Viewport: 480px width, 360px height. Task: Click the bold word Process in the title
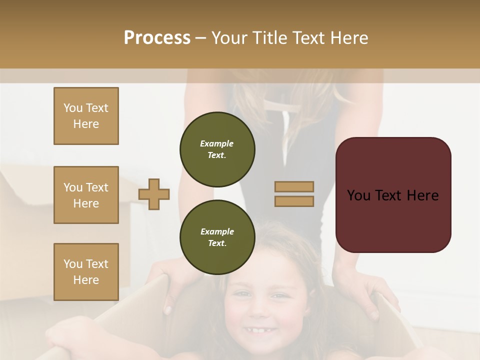coord(157,37)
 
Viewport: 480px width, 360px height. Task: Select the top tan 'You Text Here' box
coord(86,116)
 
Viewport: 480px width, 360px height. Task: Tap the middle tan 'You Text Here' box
coord(86,195)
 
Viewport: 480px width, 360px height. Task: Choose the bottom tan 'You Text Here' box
coord(86,272)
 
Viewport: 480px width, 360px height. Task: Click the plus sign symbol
coord(154,194)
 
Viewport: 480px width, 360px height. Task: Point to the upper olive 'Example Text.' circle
coord(217,149)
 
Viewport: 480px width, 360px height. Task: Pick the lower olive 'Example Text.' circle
coord(217,237)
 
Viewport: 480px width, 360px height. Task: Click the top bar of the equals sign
coord(294,187)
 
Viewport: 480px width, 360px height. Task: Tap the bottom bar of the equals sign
coord(294,201)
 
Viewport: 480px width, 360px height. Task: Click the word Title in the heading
coord(269,37)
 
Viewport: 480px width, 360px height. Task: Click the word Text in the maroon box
coord(393,195)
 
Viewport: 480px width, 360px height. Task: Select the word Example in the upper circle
coord(216,143)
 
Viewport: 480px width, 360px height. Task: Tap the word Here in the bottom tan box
coord(86,280)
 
